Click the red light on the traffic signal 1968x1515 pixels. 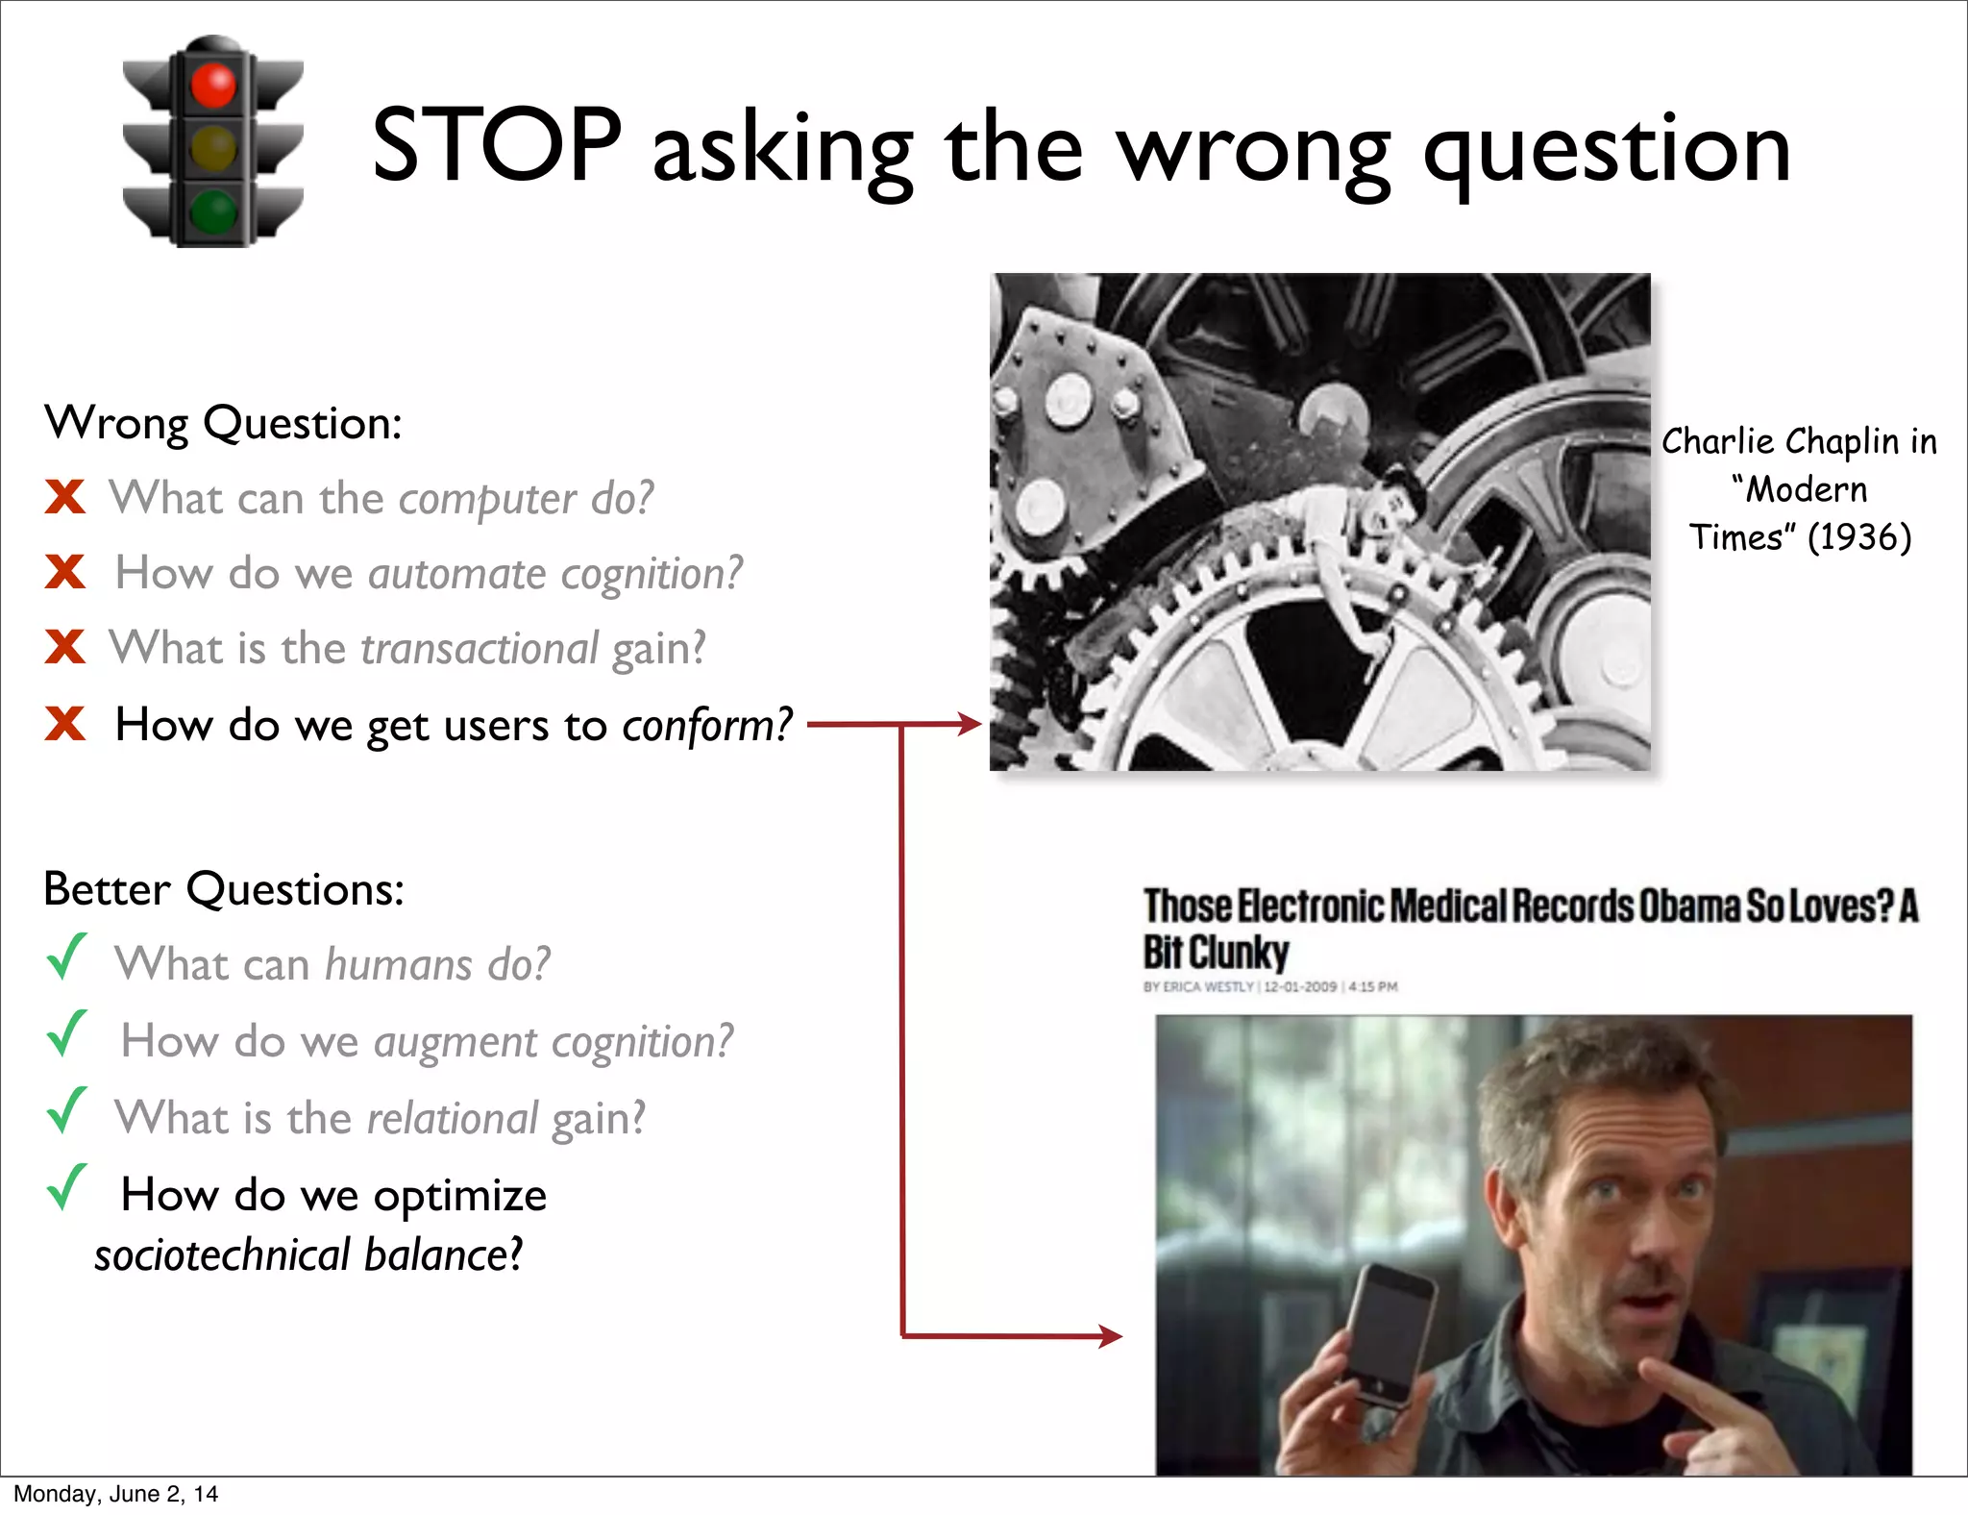(x=213, y=85)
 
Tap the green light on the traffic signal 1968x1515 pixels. (x=213, y=211)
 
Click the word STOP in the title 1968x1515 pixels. (x=497, y=145)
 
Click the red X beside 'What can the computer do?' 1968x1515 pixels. (x=65, y=497)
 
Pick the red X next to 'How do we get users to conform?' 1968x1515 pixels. (x=65, y=723)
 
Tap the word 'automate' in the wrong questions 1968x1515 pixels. (x=456, y=574)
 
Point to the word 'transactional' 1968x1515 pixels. (x=480, y=649)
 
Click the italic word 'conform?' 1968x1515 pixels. (x=707, y=726)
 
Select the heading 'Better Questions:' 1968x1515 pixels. (x=224, y=889)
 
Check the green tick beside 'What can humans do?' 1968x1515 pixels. (x=67, y=957)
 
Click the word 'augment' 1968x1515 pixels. (x=455, y=1042)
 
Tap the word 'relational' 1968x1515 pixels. (x=452, y=1119)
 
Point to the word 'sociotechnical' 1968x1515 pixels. (x=223, y=1255)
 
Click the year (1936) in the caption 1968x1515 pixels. (x=1858, y=537)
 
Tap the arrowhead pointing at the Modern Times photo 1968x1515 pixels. (x=969, y=724)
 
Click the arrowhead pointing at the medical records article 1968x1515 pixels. (x=1110, y=1335)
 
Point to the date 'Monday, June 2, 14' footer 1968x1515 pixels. (x=115, y=1494)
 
